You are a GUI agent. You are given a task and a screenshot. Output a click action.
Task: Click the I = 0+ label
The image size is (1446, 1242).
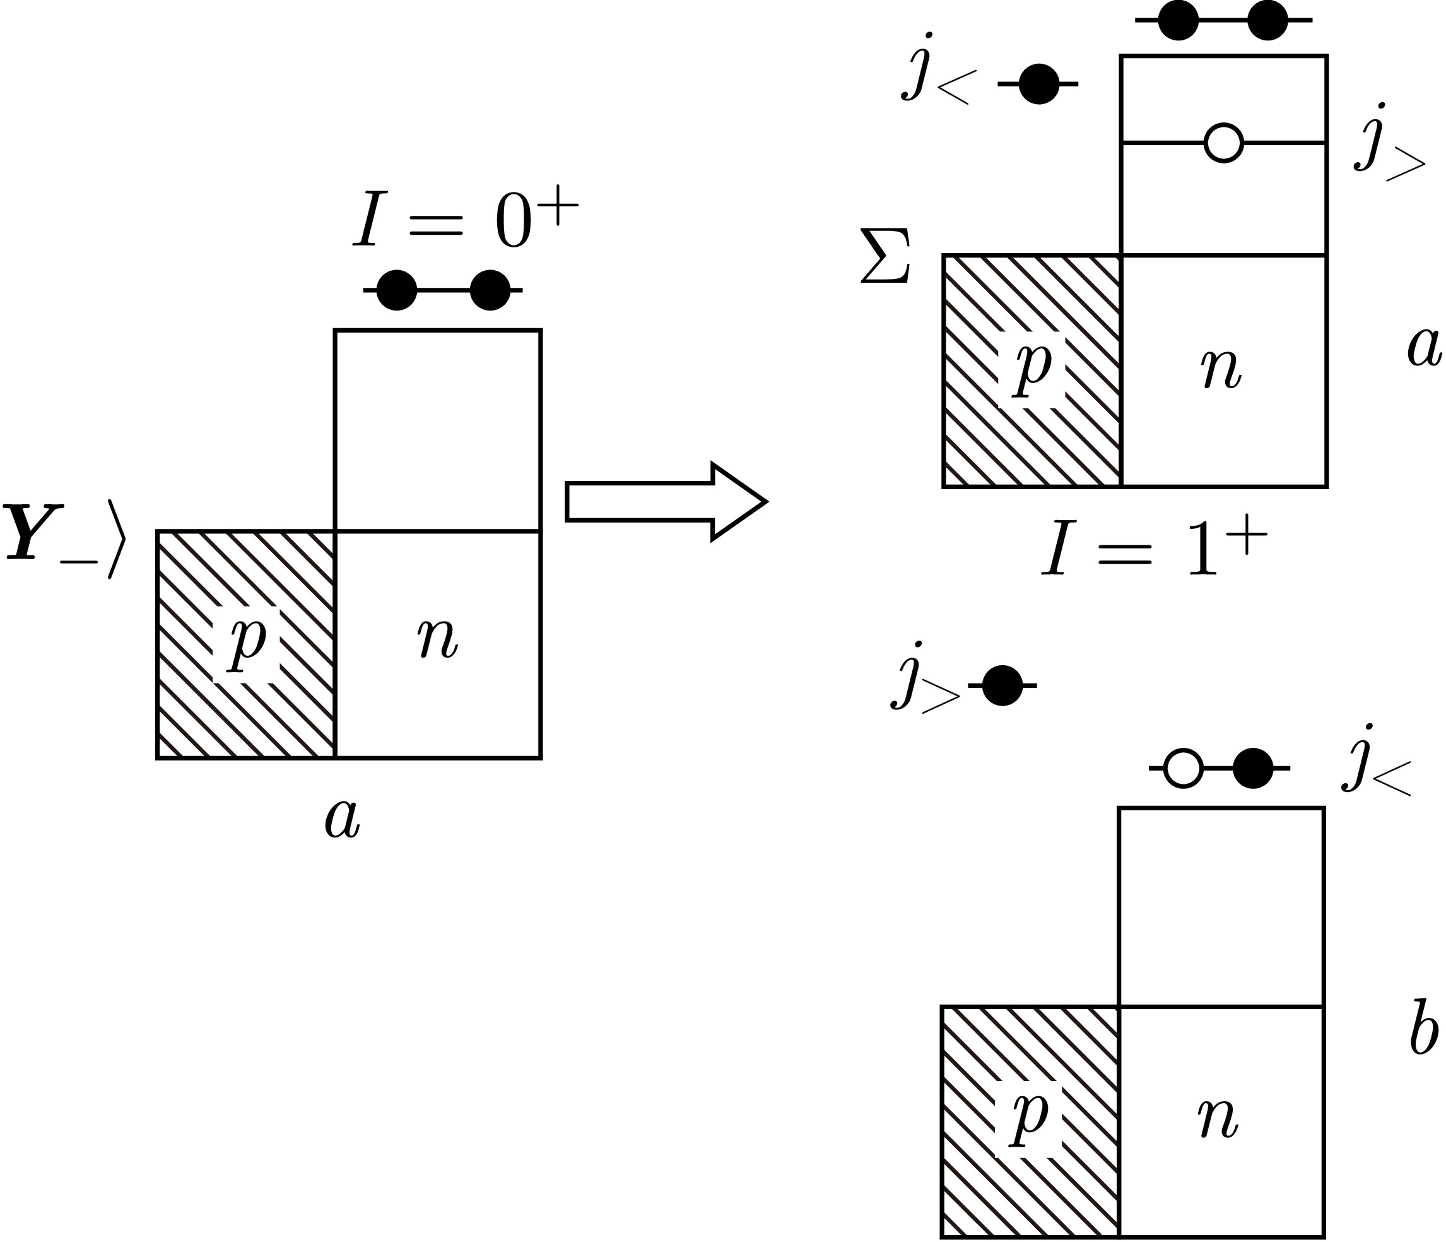point(465,222)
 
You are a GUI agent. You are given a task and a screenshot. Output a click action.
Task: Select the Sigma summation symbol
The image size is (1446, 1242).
point(885,256)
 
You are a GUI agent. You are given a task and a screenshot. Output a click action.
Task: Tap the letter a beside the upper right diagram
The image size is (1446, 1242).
point(1424,347)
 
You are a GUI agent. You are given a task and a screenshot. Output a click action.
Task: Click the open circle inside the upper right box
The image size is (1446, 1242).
point(1223,143)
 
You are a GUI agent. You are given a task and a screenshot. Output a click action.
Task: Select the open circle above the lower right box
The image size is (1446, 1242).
point(1184,768)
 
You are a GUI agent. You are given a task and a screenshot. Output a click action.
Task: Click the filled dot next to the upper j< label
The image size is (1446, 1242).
point(1038,84)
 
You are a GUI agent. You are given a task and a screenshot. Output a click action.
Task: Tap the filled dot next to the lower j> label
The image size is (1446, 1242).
point(1002,685)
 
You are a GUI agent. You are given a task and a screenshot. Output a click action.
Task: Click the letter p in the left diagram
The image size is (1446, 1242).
point(247,641)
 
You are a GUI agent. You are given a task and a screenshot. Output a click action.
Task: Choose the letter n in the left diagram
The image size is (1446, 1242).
point(438,637)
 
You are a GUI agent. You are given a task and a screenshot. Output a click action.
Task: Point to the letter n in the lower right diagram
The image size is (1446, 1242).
point(1218,1118)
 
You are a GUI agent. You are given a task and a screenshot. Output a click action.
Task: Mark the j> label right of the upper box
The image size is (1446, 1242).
point(1389,147)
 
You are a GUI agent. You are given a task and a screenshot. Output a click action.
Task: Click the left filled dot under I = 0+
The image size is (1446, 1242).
point(396,290)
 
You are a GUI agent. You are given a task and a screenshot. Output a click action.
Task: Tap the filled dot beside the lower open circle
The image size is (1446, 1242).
point(1253,768)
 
